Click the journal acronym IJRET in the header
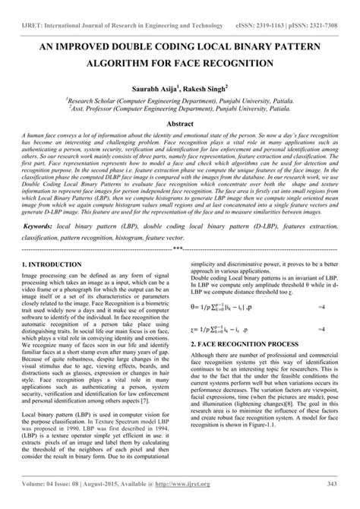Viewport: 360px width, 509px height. [x=25, y=13]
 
